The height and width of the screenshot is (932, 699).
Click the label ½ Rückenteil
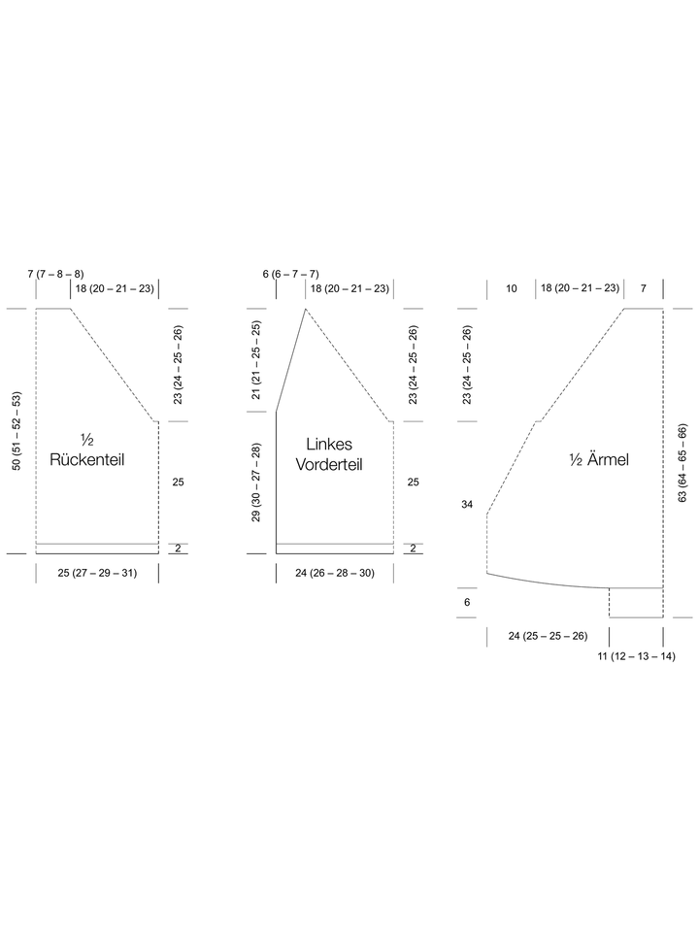pos(86,449)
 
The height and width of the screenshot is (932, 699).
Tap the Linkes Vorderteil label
pos(329,454)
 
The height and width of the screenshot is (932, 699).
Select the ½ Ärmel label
pos(599,459)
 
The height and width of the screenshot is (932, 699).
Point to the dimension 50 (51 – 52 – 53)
pos(17,431)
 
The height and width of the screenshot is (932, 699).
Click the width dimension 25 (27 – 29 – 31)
pos(97,573)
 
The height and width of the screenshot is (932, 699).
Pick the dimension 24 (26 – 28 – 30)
pos(335,573)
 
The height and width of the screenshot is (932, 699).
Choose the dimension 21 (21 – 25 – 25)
pos(256,360)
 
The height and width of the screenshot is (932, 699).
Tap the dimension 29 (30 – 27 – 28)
pos(256,483)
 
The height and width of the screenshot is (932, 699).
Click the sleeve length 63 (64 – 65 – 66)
pos(682,463)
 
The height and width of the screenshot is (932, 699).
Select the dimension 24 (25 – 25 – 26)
pos(548,636)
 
